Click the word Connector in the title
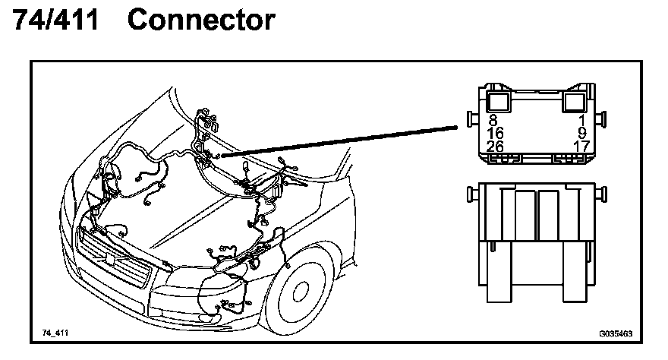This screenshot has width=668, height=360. (201, 21)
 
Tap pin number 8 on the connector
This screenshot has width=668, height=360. (493, 119)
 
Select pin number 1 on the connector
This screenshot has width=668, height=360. (581, 119)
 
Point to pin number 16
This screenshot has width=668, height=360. (495, 132)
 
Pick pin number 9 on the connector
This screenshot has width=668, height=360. (581, 132)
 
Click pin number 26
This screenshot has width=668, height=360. (495, 145)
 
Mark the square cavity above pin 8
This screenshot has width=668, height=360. (498, 101)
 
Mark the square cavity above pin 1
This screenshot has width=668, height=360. (575, 101)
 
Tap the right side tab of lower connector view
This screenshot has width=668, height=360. (603, 194)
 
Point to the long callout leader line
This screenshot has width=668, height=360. (342, 137)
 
